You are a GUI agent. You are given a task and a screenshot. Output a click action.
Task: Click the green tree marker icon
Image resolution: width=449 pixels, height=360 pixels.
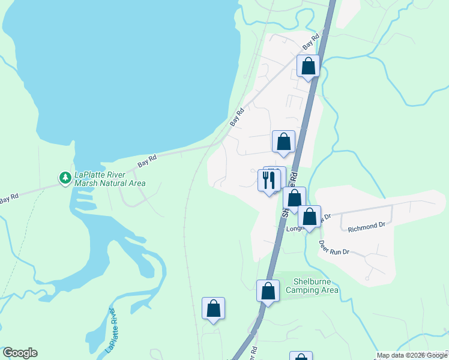tap(65, 178)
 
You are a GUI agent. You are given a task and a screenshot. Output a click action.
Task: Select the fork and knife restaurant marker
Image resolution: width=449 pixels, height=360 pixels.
tap(268, 180)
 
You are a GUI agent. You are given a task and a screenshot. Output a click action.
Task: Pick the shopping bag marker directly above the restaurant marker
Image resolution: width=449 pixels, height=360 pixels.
tap(283, 142)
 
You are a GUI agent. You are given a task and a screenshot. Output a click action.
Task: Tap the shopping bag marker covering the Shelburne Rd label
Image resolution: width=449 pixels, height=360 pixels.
tap(294, 198)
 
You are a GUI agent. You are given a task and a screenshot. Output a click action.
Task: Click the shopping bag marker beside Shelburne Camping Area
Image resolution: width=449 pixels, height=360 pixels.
tap(268, 292)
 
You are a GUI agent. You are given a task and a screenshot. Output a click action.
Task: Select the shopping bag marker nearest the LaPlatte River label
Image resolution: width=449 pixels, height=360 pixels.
tap(213, 308)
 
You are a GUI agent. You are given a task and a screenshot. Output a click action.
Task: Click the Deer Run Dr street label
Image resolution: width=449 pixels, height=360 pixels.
tap(334, 248)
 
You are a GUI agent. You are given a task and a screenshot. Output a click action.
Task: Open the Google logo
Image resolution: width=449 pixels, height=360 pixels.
tap(20, 353)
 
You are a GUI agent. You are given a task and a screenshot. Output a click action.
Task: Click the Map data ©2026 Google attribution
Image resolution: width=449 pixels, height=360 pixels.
tap(412, 356)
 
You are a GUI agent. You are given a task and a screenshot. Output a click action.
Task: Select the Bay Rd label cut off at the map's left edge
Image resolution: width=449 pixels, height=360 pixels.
tap(8, 197)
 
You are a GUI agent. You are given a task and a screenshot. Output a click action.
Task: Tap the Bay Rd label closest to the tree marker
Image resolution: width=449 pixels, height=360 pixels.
tap(147, 160)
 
